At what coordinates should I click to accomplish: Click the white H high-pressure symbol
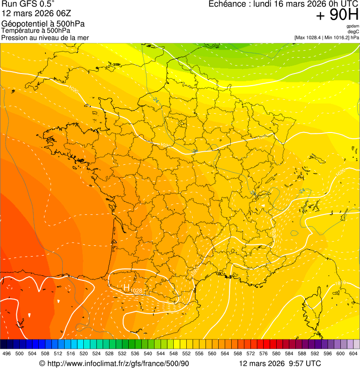tap(126, 287)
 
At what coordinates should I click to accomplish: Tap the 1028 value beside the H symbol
tap(136, 291)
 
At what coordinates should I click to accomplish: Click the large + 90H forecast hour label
tap(337, 15)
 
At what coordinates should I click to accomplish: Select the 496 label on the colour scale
tap(7, 353)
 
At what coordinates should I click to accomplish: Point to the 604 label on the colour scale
tap(353, 353)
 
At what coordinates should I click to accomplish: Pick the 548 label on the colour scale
tap(174, 353)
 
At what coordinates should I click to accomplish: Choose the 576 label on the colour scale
tap(264, 353)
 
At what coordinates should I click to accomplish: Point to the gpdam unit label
tap(353, 26)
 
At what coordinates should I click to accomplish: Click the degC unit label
tap(354, 31)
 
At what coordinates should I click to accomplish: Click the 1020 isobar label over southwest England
tap(73, 88)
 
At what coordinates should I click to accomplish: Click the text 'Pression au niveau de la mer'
tap(45, 37)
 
